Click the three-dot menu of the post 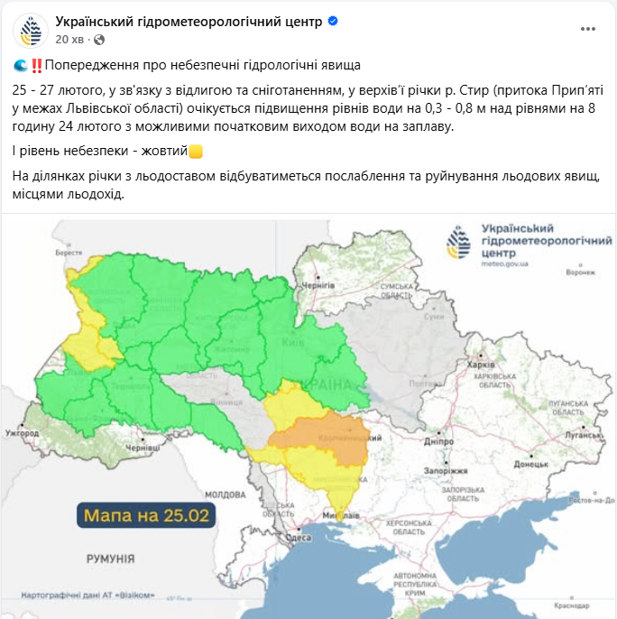tap(587, 29)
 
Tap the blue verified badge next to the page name tap(333, 21)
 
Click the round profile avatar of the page tap(31, 30)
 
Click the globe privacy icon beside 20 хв tap(99, 40)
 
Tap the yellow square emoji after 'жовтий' tap(196, 151)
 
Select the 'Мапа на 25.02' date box tap(146, 516)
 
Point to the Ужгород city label tap(23, 434)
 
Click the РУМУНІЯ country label tap(110, 559)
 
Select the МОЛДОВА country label tap(225, 494)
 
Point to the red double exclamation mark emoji tap(36, 66)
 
